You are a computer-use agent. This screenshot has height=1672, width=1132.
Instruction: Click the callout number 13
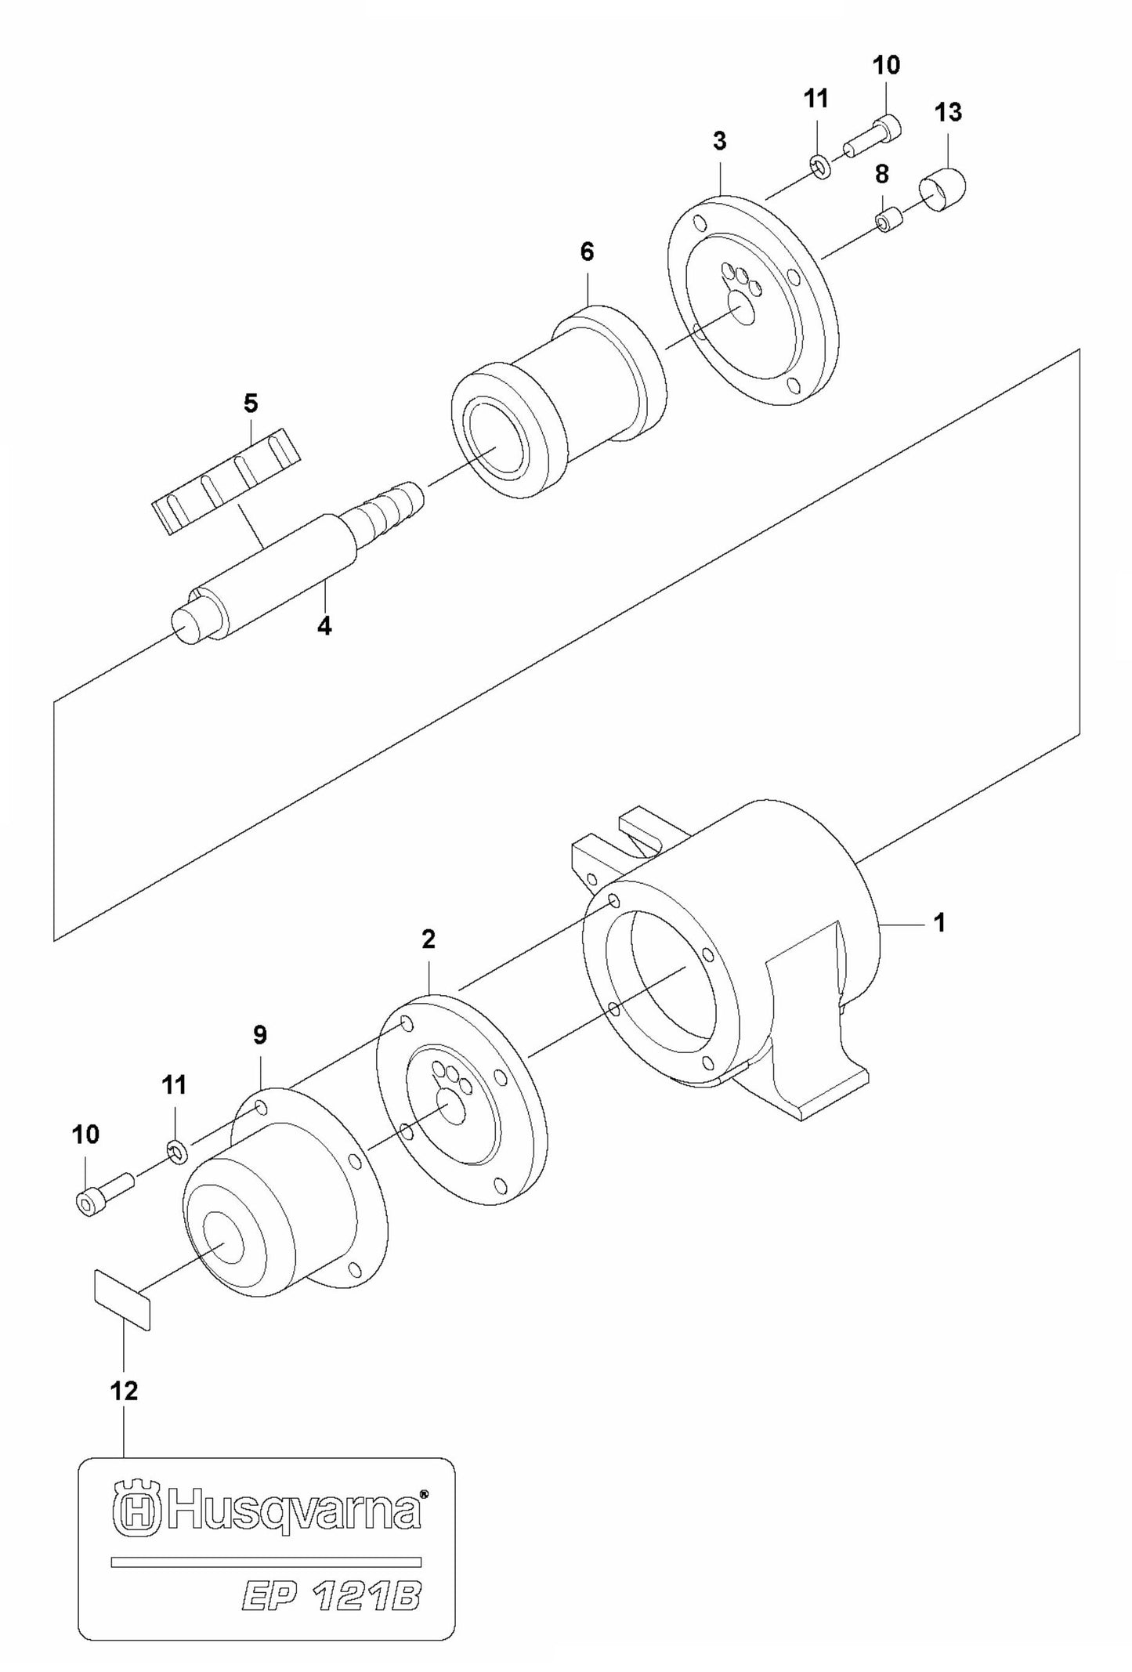pos(948,112)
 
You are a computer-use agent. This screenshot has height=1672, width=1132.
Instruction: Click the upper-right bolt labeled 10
pos(872,137)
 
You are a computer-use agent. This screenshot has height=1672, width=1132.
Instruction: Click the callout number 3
pos(719,141)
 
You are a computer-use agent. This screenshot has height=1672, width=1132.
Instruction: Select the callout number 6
pos(587,252)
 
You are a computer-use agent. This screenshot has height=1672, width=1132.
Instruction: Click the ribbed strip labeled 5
pos(225,480)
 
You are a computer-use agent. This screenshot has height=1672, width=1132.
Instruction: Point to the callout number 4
pos(324,626)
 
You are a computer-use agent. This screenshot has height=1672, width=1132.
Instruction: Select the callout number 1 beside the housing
pos(939,923)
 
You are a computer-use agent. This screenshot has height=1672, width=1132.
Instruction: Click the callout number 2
pos(428,939)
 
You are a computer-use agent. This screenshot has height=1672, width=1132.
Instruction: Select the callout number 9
pos(260,1035)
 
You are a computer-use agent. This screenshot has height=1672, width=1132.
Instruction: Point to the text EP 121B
pos(329,1593)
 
